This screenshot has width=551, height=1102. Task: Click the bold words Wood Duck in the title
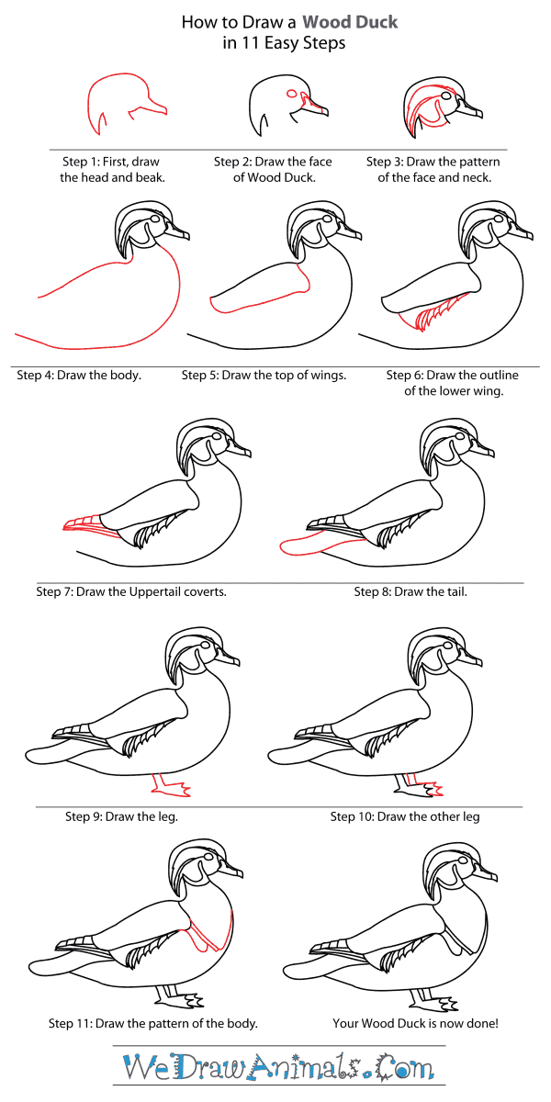click(x=354, y=21)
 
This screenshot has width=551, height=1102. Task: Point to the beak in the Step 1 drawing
click(x=152, y=109)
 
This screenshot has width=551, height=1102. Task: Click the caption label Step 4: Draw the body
click(x=79, y=375)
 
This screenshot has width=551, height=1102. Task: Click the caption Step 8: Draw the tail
click(x=410, y=591)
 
